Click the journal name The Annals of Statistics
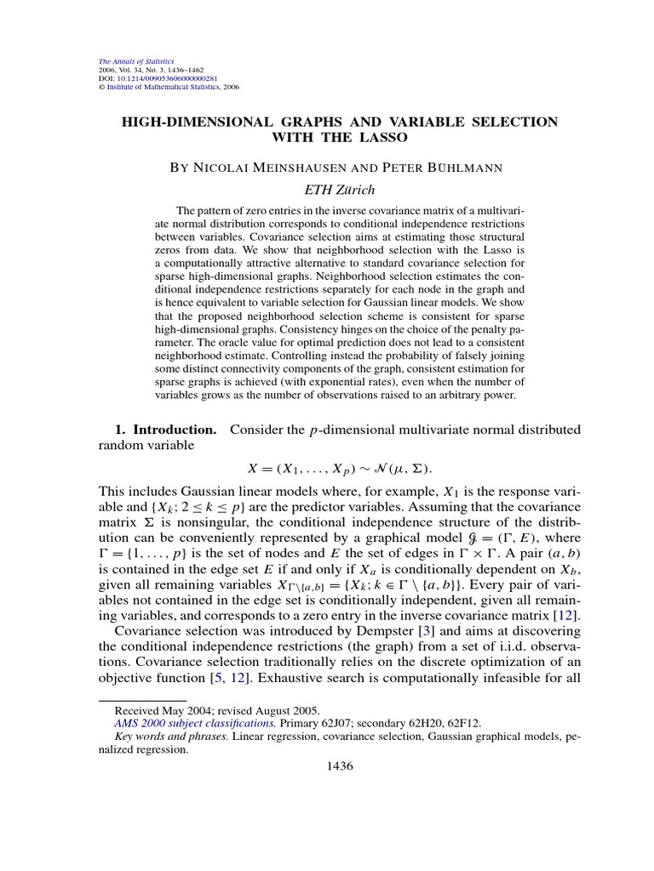point(137,61)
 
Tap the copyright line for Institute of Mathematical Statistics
point(167,87)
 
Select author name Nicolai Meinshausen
point(265,168)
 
